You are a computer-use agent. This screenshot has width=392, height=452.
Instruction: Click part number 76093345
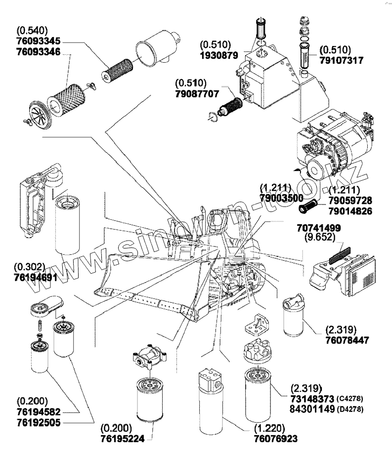pos(39,41)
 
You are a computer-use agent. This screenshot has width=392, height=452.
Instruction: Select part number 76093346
pos(39,52)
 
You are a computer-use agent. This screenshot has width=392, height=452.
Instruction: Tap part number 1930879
pos(219,55)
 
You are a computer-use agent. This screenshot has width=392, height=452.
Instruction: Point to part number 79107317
pos(341,61)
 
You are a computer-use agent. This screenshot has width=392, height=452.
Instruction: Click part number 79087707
pos(197,94)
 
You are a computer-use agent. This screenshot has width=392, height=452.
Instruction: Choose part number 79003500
pos(282,198)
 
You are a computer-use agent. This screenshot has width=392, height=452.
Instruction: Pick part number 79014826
pos(350,211)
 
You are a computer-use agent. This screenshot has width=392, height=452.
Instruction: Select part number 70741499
pos(319,228)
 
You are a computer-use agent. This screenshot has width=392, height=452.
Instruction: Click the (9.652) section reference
pos(320,237)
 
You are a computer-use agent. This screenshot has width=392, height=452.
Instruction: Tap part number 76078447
pos(347,340)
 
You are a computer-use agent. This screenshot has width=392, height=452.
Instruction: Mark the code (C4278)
pos(349,399)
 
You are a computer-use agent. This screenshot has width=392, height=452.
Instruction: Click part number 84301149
pos(312,409)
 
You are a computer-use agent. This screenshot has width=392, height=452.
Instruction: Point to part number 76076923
pos(275,439)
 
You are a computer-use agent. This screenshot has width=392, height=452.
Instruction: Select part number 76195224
pos(122,439)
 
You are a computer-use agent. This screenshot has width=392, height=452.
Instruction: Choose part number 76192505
pos(39,422)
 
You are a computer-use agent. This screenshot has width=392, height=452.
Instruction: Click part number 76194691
pos(36,277)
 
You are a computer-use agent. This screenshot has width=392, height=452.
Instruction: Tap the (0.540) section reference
pos(32,30)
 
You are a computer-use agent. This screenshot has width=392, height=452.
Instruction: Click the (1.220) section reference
pos(269,428)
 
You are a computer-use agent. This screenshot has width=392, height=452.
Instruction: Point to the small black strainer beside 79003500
pos(308,206)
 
